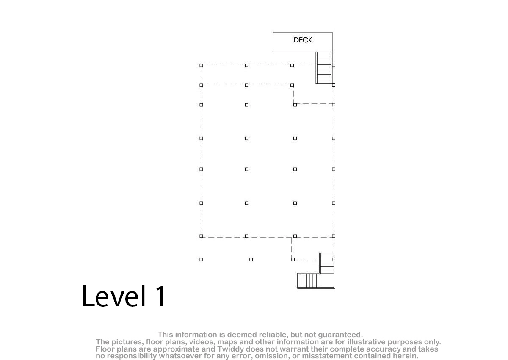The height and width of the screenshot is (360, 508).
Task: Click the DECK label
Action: click(x=303, y=40)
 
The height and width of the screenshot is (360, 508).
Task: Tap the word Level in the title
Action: click(x=113, y=296)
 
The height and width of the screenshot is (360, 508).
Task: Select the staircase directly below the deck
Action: click(x=324, y=68)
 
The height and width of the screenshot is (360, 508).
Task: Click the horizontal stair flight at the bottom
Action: click(x=309, y=281)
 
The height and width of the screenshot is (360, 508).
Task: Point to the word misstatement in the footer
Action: click(x=327, y=356)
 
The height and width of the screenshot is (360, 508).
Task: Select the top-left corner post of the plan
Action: click(x=201, y=66)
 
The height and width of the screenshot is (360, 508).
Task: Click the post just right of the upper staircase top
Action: click(x=334, y=66)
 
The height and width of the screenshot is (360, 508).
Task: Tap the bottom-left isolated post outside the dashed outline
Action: click(x=201, y=260)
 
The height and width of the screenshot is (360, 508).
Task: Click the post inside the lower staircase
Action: click(x=334, y=260)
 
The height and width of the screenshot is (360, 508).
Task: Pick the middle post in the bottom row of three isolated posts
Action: click(x=251, y=260)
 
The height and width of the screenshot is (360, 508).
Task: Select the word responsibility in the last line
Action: click(x=133, y=356)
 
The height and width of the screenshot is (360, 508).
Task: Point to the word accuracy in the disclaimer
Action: click(x=383, y=349)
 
